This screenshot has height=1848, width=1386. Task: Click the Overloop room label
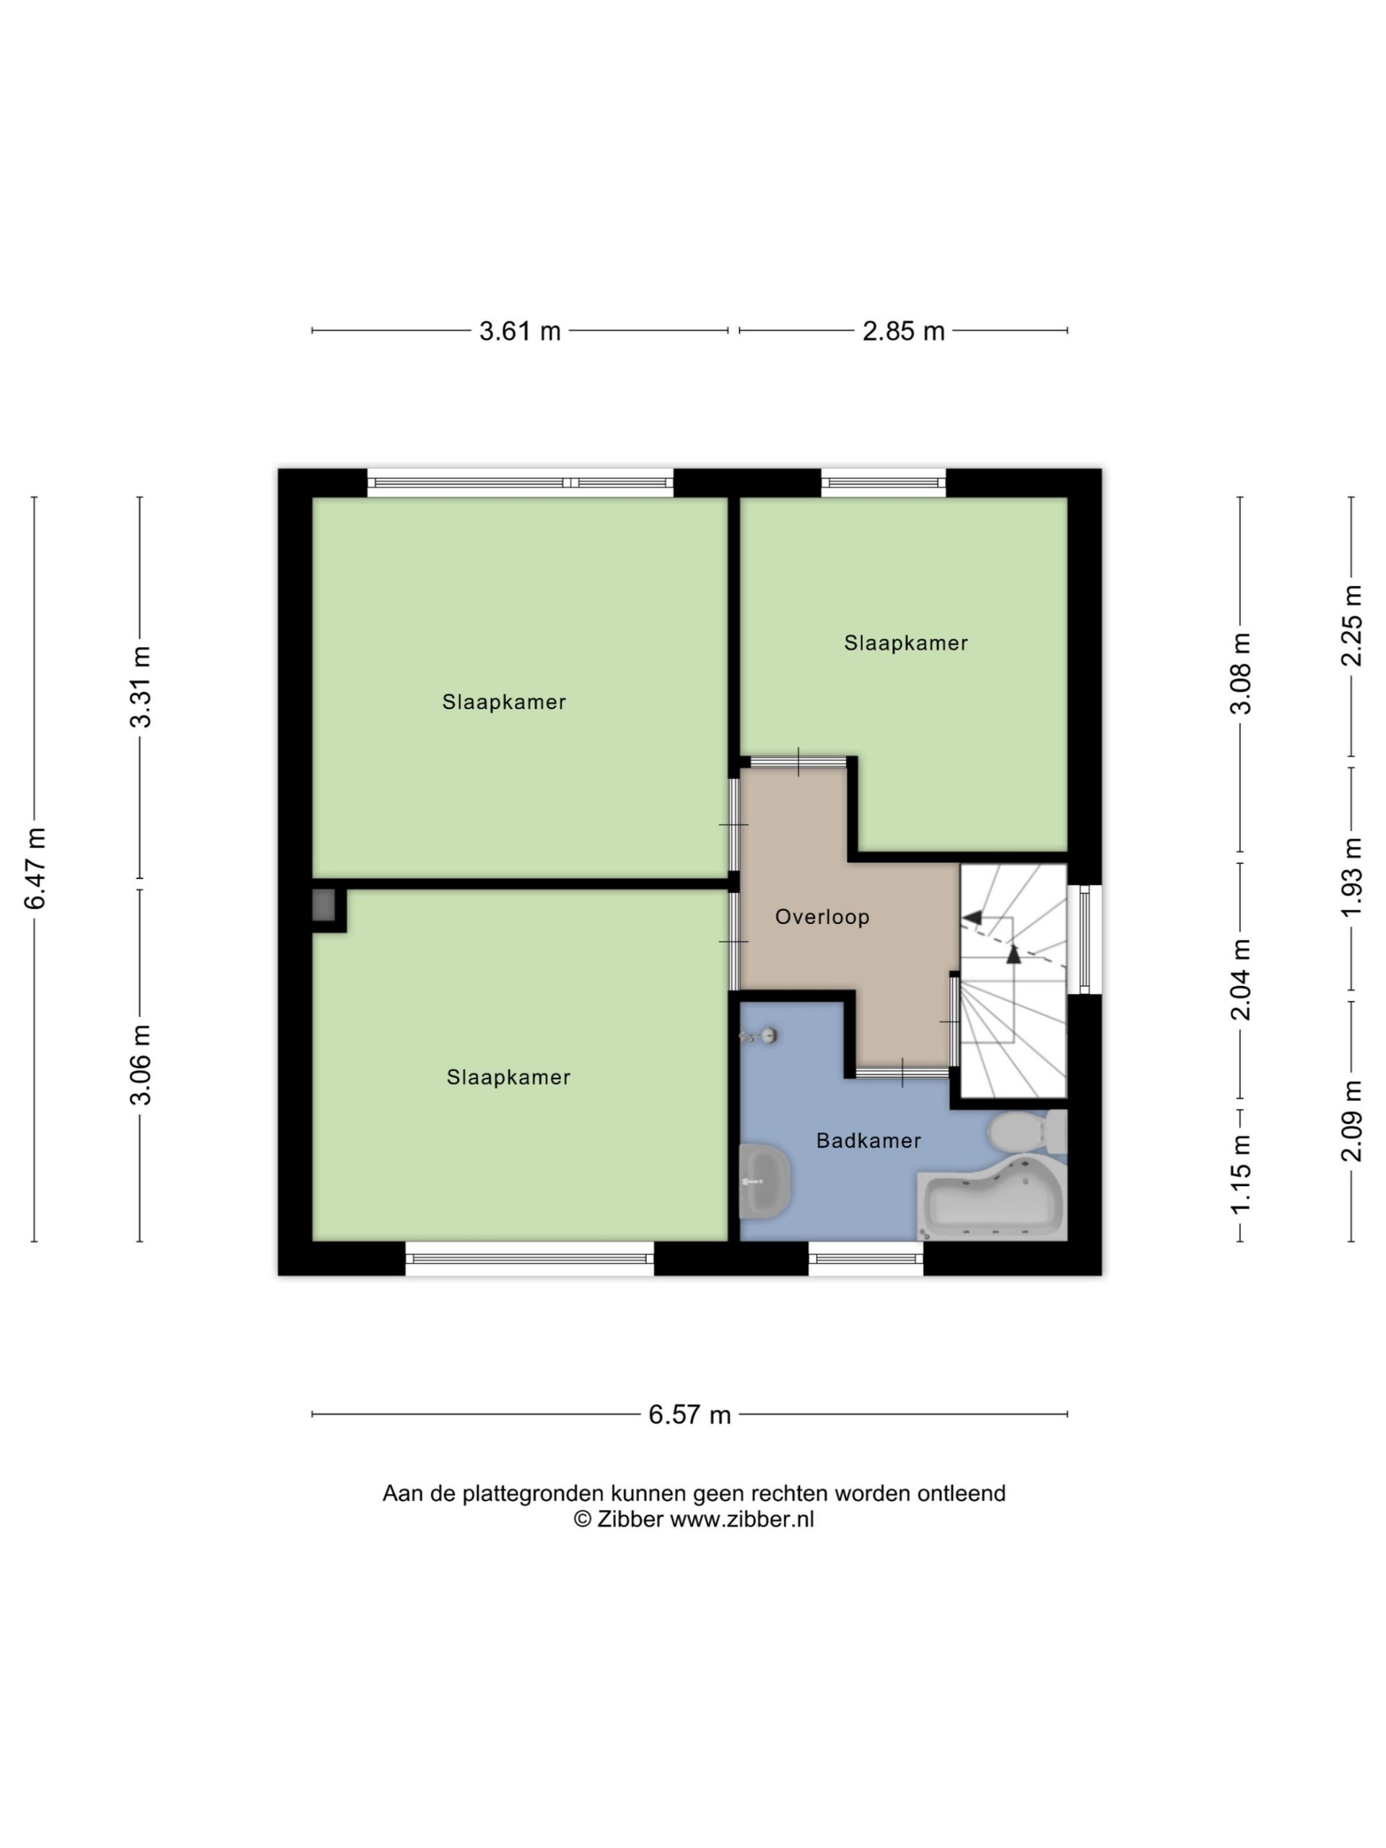tap(822, 918)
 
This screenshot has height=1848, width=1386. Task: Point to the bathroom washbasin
tap(764, 1181)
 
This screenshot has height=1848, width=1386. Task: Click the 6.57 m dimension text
tap(690, 1414)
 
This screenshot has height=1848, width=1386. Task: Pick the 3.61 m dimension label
tap(520, 331)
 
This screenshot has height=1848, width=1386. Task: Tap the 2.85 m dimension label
tap(903, 331)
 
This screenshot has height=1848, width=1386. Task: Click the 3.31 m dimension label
tap(140, 687)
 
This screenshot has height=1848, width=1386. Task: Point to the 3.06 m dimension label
tap(140, 1064)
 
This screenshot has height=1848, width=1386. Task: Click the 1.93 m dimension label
tap(1352, 877)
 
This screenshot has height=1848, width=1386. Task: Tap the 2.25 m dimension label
tap(1352, 625)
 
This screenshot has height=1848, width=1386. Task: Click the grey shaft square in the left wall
tap(324, 905)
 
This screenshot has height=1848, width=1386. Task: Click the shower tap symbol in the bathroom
tap(759, 1036)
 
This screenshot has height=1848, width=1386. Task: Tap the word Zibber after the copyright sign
tap(630, 1519)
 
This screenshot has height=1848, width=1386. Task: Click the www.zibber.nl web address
tap(742, 1519)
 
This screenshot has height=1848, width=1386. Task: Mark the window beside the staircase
tap(1084, 940)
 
